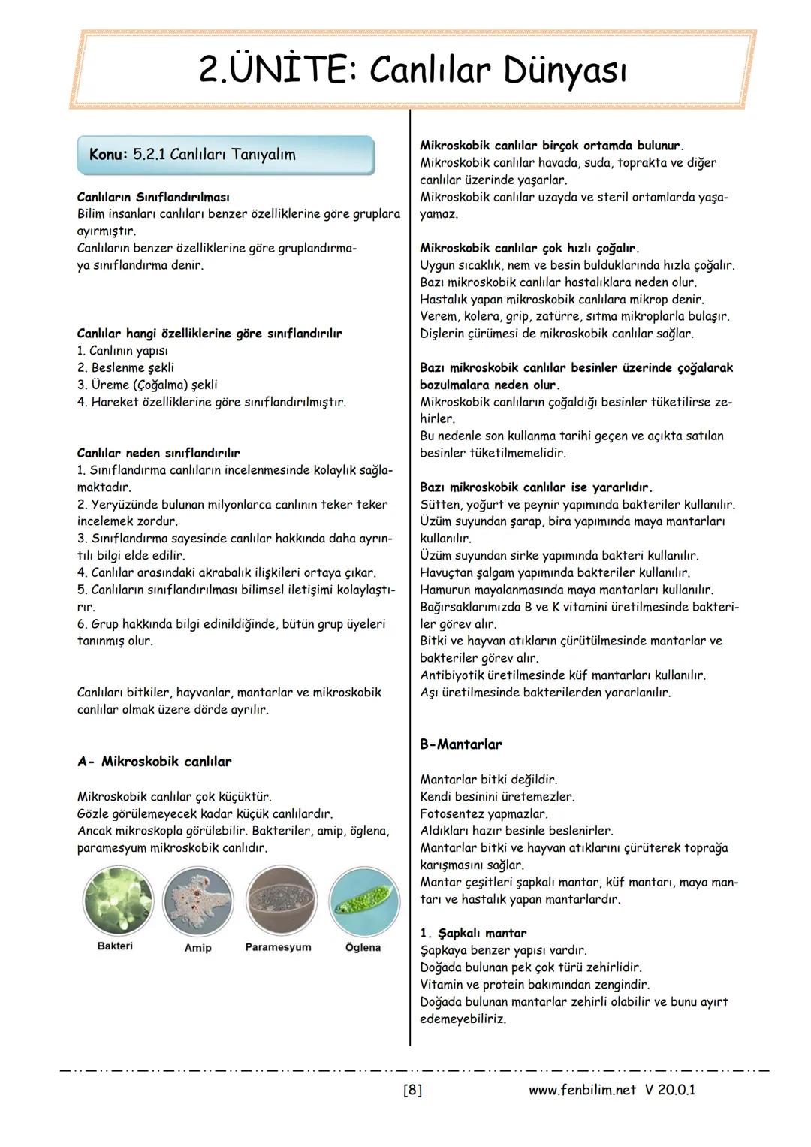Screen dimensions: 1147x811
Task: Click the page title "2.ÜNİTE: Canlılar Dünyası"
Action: click(x=412, y=71)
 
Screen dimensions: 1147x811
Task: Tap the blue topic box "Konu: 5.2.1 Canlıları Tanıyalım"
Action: click(x=225, y=155)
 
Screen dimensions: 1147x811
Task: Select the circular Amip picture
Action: click(x=198, y=901)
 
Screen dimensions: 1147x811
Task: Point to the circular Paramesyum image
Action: click(x=279, y=901)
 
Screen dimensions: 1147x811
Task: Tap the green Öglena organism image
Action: click(x=363, y=901)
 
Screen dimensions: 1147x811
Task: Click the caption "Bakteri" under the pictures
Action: click(x=115, y=946)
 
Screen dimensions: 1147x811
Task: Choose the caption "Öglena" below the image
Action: click(x=363, y=947)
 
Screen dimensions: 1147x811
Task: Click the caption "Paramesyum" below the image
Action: click(x=278, y=947)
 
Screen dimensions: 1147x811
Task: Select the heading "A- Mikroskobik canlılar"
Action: click(x=154, y=762)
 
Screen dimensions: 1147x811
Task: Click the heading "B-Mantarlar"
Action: click(x=460, y=744)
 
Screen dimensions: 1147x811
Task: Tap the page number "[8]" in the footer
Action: click(x=412, y=1090)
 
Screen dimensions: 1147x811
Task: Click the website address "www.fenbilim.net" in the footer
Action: click(x=582, y=1090)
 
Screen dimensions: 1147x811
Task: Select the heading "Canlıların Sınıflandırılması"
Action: click(x=153, y=197)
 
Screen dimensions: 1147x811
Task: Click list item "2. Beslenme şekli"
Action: click(x=125, y=367)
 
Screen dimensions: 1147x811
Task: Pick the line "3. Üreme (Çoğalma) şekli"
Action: click(x=147, y=385)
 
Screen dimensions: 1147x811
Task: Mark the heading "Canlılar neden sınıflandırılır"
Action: click(x=158, y=453)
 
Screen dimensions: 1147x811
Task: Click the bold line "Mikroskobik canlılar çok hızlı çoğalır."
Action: click(x=529, y=248)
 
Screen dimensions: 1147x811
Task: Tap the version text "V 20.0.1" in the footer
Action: click(x=670, y=1090)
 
